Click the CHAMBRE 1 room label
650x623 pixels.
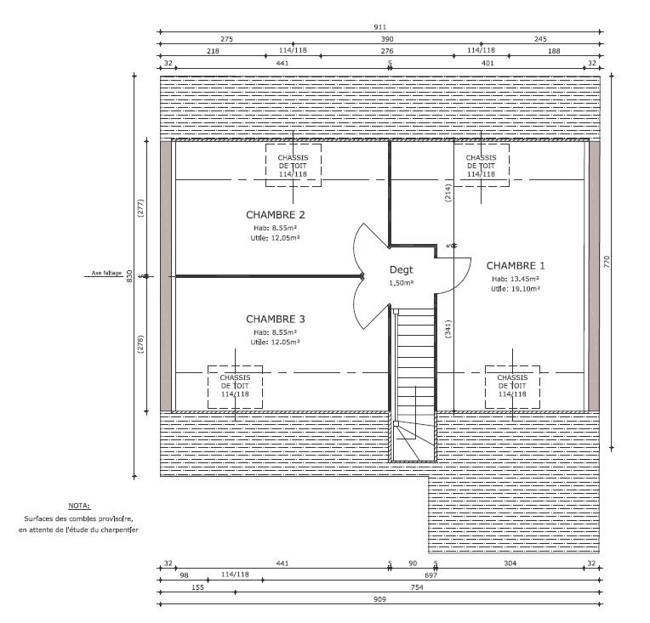coord(516,265)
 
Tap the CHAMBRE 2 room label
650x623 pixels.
coord(276,214)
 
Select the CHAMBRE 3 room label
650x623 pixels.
coord(276,319)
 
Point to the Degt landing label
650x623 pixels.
coord(402,269)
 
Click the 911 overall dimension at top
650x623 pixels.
coord(379,27)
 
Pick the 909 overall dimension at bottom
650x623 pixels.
coord(379,599)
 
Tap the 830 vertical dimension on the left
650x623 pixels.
coord(129,276)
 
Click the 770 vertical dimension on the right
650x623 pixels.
coord(607,262)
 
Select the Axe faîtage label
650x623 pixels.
coord(106,273)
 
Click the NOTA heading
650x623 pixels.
coord(79,506)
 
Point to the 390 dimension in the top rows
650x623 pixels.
coord(387,39)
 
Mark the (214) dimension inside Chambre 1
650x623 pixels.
coord(448,193)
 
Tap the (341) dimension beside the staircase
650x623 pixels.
coord(448,329)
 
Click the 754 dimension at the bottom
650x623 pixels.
coord(417,587)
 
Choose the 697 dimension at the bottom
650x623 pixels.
coord(430,575)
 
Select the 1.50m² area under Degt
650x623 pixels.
coord(402,283)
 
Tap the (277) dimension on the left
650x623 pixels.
coord(140,208)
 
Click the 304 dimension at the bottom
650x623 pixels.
coord(510,563)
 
